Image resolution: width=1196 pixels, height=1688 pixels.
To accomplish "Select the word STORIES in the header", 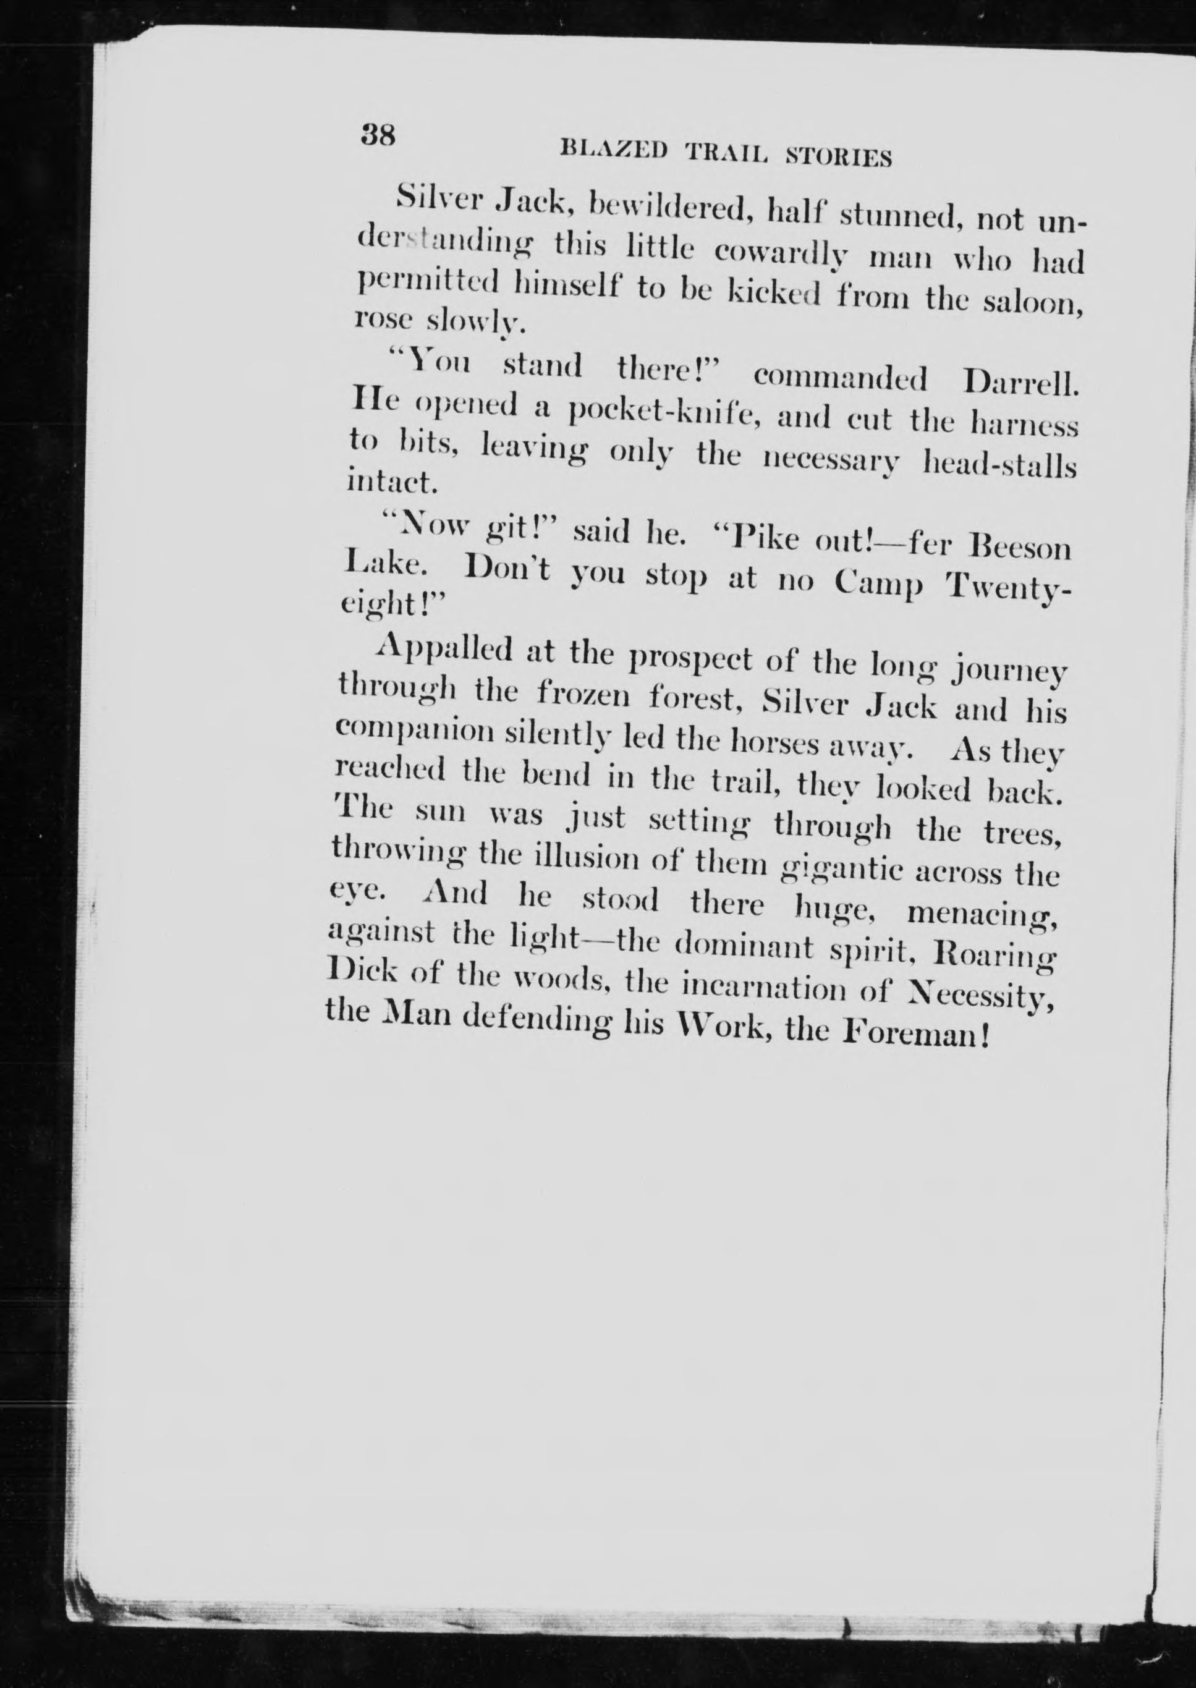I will tap(839, 156).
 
